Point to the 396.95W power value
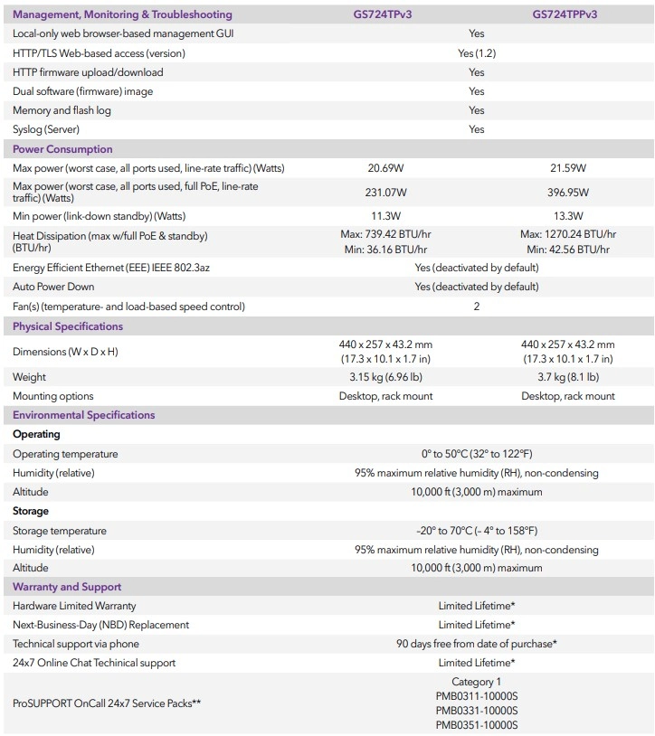coord(567,193)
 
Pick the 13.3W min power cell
coord(567,216)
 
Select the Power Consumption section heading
coord(62,149)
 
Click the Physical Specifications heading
coord(68,326)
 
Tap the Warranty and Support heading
coord(67,587)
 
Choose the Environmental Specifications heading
coord(83,415)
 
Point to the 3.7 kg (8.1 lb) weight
coord(567,377)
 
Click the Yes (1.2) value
coord(477,53)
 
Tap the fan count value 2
coord(477,307)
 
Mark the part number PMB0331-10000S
coord(477,711)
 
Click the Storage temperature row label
coord(60,531)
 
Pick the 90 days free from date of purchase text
coord(477,644)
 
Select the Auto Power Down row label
coord(53,287)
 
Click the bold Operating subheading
coord(36,434)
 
